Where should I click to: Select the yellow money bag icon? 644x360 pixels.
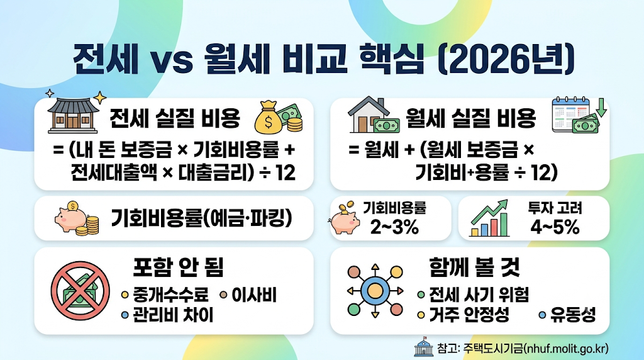269,118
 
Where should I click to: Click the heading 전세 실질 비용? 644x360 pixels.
175,118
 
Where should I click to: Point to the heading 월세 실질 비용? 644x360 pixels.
470,118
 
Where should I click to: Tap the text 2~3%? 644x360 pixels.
394,227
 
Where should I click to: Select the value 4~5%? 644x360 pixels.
555,227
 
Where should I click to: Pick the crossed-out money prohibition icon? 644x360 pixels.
80,291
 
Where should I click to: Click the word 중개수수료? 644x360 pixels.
170,295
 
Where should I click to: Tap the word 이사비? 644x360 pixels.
254,295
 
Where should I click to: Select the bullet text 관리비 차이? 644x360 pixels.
173,315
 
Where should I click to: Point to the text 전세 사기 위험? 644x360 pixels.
479,295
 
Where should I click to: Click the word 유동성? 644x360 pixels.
573,315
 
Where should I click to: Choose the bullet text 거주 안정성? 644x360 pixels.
469,315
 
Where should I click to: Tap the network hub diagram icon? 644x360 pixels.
375,291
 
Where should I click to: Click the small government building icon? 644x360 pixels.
423,347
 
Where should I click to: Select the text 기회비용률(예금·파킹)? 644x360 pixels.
202,218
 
